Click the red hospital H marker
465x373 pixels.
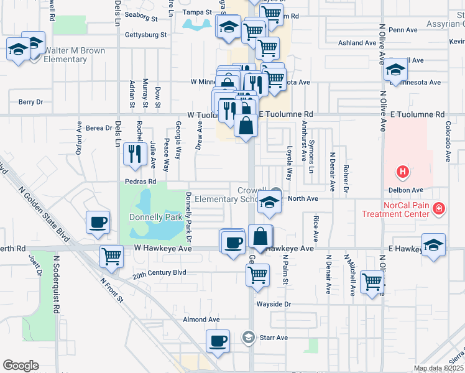(403, 172)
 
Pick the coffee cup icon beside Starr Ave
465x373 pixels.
(218, 341)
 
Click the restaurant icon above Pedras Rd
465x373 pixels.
(135, 153)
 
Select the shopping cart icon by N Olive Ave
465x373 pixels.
(372, 282)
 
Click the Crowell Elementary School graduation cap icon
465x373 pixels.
(268, 203)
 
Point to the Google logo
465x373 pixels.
(21, 366)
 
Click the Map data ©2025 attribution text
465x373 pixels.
(438, 368)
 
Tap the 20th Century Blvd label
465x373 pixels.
(160, 272)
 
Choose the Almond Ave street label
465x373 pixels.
(201, 320)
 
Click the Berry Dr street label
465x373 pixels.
(30, 102)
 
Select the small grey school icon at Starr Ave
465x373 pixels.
(248, 337)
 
